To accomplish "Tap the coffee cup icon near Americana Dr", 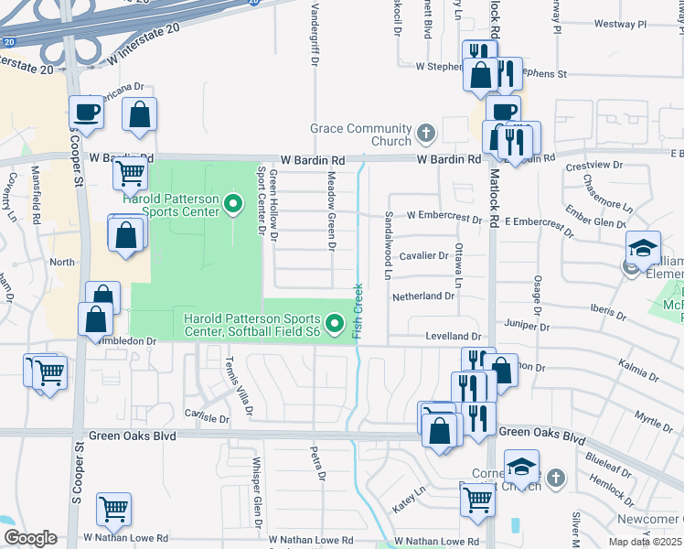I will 87,112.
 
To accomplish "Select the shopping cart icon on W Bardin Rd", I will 131,171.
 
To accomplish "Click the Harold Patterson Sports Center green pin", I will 233,204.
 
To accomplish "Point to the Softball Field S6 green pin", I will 335,323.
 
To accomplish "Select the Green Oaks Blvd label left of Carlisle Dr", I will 132,436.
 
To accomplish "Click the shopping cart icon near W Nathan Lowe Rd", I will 113,509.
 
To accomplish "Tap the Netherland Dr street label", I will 422,296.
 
